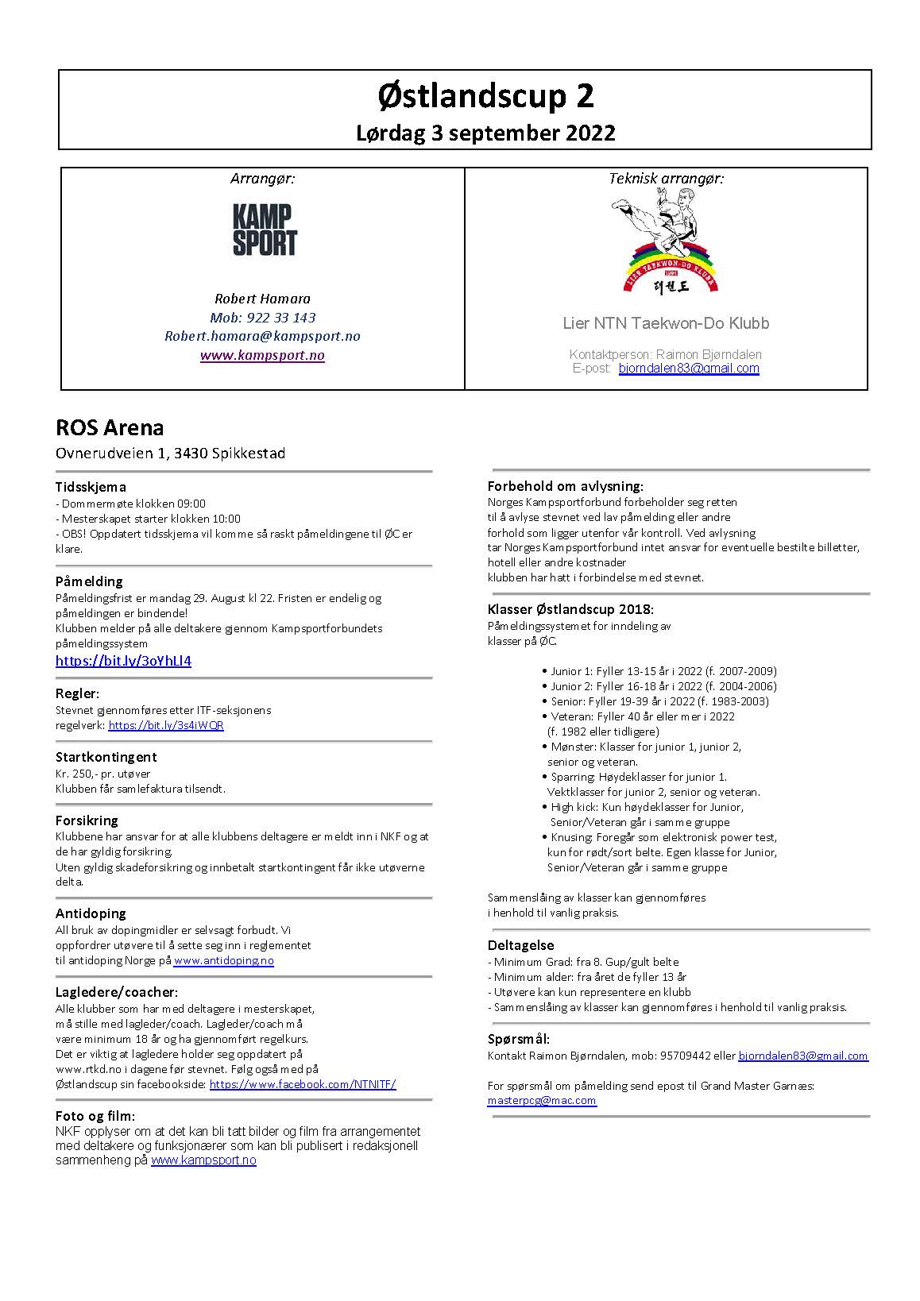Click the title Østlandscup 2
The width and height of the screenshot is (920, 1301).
[485, 96]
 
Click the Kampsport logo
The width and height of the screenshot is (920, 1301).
[265, 230]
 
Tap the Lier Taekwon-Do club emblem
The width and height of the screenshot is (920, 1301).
[666, 245]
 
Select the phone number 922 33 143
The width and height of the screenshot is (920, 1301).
[280, 318]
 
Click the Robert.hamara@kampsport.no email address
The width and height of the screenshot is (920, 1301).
[262, 336]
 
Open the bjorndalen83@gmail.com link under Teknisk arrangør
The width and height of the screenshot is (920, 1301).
[689, 369]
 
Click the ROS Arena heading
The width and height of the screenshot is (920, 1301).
[110, 428]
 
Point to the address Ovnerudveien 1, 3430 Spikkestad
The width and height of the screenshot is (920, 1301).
[170, 454]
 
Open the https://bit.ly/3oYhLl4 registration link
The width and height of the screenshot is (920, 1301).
[123, 661]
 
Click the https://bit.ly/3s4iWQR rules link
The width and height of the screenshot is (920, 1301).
[166, 725]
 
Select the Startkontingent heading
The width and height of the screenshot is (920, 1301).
[106, 757]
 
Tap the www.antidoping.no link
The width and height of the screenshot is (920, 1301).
[223, 960]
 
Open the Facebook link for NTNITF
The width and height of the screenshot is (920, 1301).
[303, 1084]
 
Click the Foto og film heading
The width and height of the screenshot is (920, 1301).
[95, 1116]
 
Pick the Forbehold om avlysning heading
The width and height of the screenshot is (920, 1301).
[565, 486]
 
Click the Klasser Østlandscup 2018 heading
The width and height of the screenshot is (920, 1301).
[570, 610]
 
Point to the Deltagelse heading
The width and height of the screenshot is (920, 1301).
[521, 945]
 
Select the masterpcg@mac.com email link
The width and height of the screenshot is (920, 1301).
[542, 1101]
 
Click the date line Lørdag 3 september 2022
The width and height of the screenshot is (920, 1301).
[485, 133]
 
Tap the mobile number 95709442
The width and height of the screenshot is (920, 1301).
[685, 1056]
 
